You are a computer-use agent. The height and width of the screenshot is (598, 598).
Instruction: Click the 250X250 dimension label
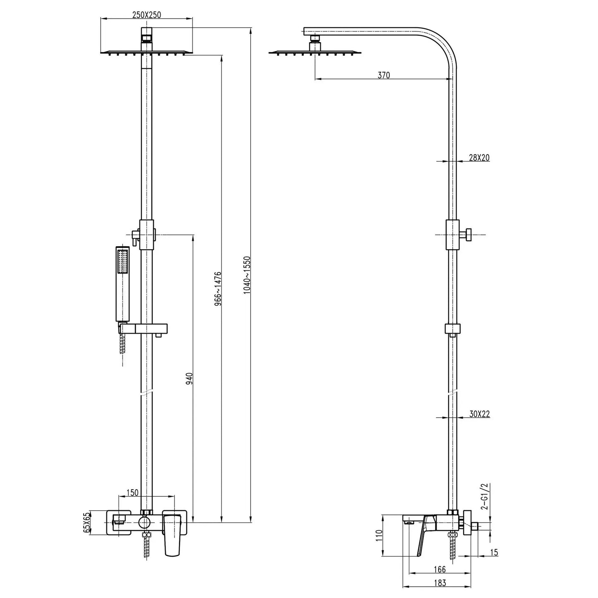(146, 14)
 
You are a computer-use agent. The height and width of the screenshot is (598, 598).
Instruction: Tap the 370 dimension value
(384, 75)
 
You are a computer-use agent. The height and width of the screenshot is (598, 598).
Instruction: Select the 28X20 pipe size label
(479, 157)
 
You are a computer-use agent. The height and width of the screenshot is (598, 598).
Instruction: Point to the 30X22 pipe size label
(479, 414)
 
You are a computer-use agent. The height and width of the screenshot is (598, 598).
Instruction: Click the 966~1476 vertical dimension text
(218, 289)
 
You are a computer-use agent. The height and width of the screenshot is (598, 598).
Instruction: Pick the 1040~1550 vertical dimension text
(247, 275)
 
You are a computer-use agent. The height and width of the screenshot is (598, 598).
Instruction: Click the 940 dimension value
(190, 379)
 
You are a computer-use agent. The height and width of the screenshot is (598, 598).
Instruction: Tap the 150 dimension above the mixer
(132, 492)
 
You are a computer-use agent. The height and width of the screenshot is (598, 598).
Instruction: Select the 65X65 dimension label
(87, 523)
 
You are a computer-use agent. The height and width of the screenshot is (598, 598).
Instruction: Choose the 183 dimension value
(440, 584)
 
